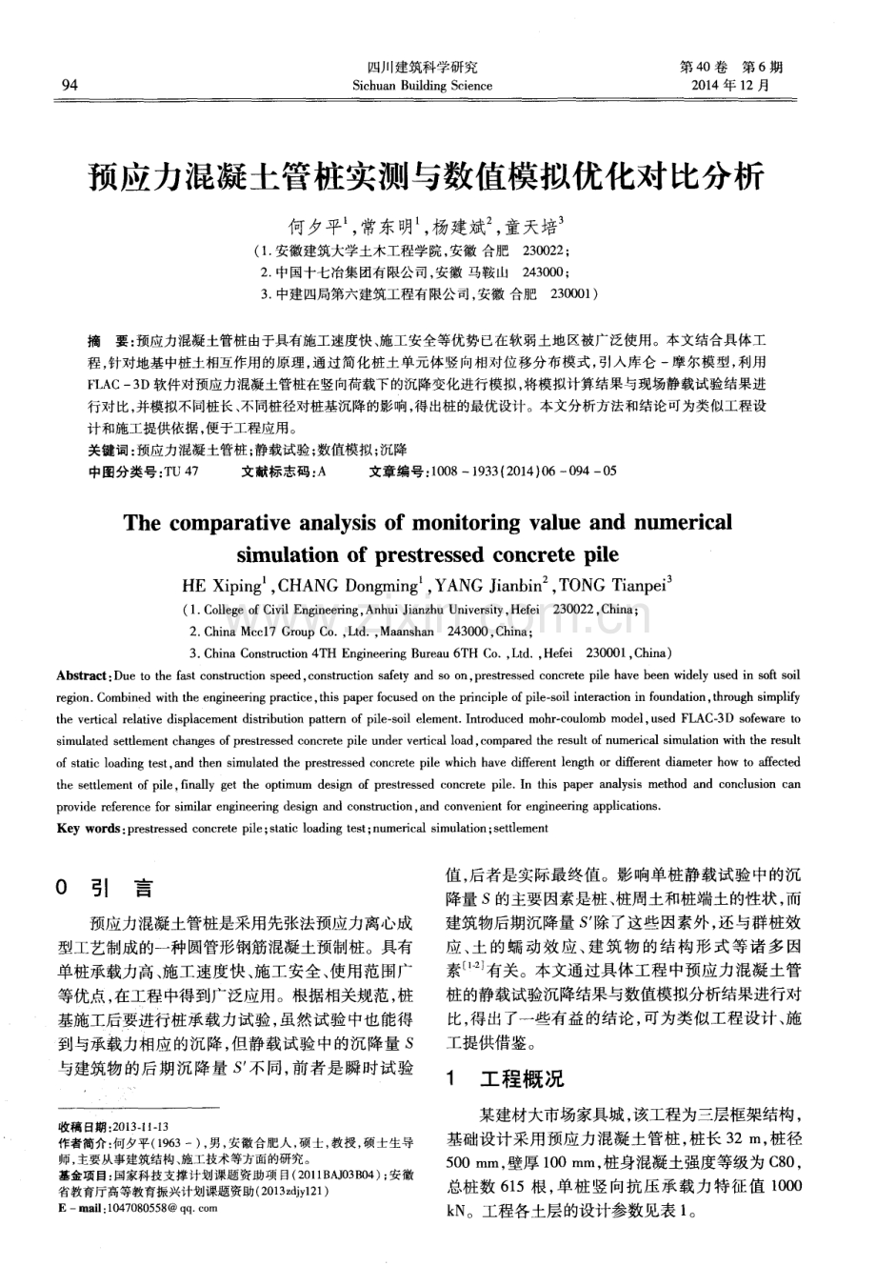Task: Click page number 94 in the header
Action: [x=69, y=86]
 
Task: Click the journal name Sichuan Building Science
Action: [x=422, y=86]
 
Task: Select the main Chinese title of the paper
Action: [x=437, y=176]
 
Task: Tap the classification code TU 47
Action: [x=181, y=472]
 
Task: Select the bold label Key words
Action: [x=89, y=828]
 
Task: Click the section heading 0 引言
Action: [x=105, y=889]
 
